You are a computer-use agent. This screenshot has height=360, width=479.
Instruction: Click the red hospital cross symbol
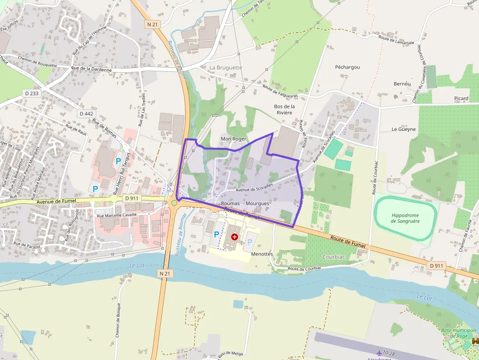[x=235, y=237]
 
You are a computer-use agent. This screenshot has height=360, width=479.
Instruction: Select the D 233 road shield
[x=31, y=93]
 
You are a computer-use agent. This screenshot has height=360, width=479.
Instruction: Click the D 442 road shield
[x=86, y=113]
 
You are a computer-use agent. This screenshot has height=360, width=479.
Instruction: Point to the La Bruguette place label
[x=225, y=67]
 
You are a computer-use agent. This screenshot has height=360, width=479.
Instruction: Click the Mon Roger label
[x=234, y=139]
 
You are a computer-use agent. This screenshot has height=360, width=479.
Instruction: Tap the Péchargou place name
[x=348, y=66]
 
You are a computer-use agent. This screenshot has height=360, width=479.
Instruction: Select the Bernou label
[x=402, y=84]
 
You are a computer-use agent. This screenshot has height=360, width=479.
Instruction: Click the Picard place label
[x=461, y=98]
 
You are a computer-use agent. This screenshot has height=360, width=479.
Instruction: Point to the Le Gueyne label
[x=404, y=129]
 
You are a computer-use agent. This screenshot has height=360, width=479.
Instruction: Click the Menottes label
[x=261, y=254]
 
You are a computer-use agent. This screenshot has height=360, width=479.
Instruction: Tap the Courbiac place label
[x=334, y=256]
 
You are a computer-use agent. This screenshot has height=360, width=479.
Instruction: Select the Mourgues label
[x=257, y=203]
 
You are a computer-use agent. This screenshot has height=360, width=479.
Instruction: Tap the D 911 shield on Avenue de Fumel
[x=132, y=198]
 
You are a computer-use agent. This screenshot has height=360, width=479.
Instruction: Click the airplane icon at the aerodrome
[x=379, y=352]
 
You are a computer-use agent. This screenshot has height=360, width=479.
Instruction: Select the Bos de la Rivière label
[x=284, y=109]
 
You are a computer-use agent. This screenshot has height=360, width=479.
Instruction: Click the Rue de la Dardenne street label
[x=91, y=69]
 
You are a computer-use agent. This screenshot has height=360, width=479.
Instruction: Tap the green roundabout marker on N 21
[x=174, y=202]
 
